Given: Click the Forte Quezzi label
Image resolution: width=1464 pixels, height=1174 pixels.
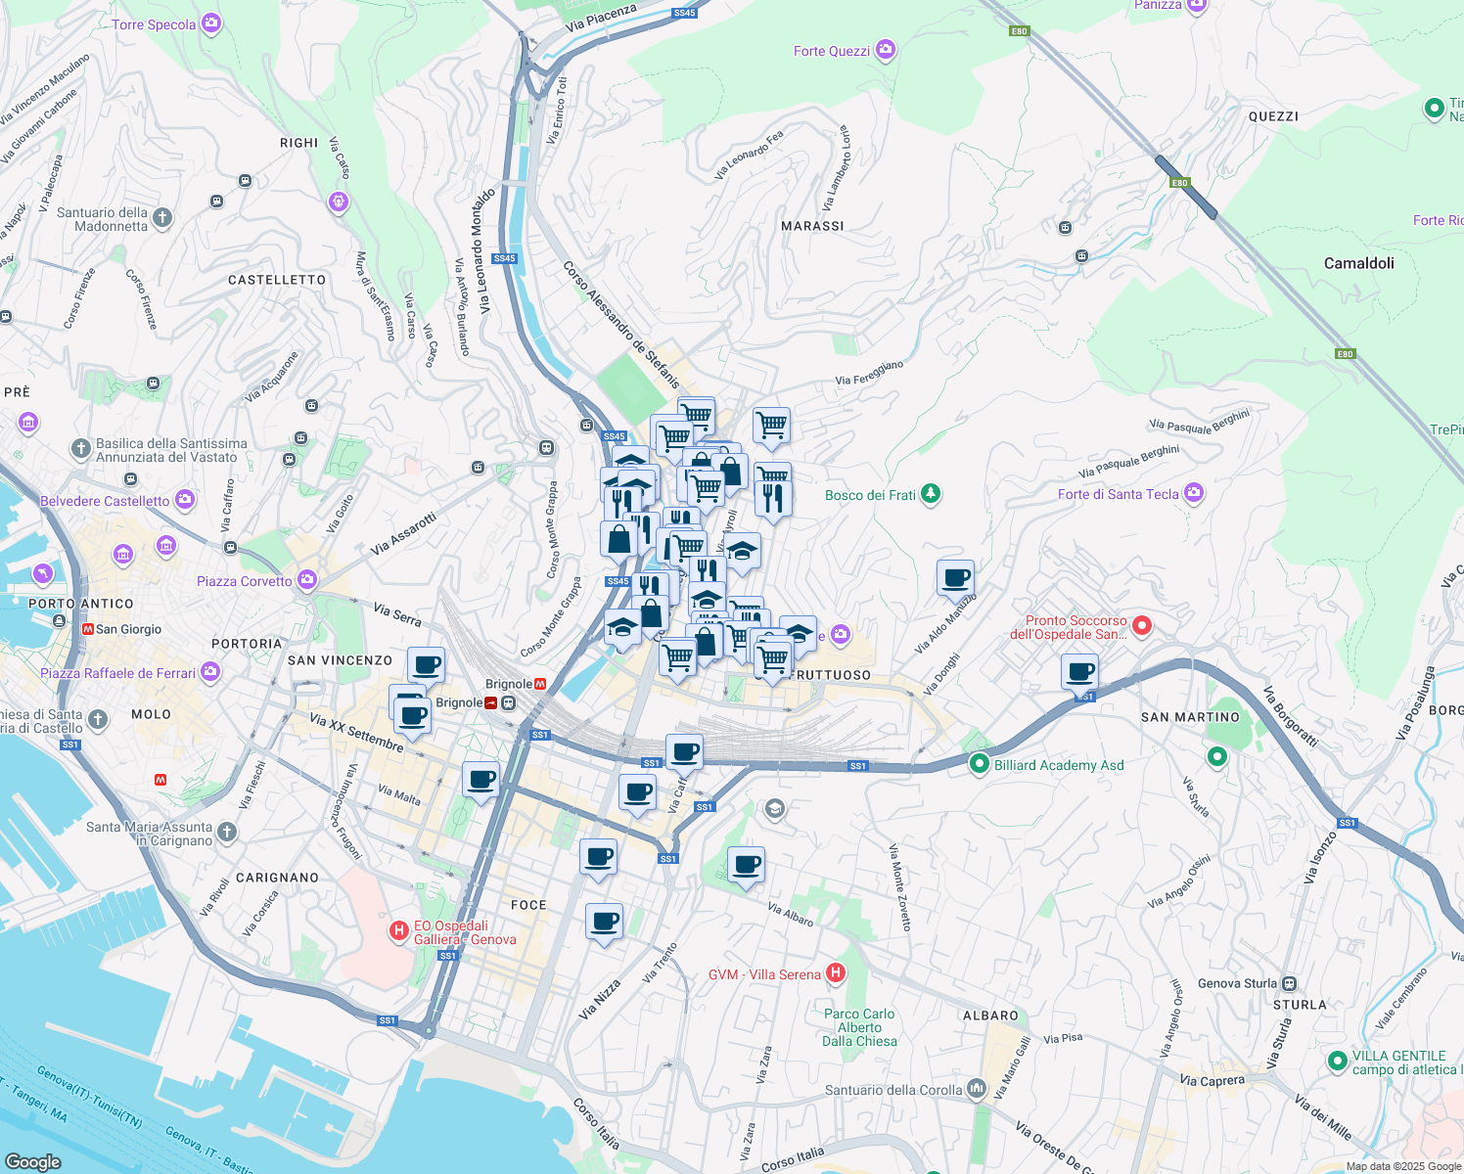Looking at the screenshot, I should click(831, 51).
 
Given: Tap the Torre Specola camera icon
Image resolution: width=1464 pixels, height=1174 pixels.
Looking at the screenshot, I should click(211, 24).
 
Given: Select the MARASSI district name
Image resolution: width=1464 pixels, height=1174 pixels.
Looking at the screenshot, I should click(812, 226).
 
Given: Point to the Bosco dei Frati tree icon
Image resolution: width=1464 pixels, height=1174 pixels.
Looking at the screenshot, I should click(931, 494).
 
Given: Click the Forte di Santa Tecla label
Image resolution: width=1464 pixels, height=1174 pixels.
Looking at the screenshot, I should click(1118, 494).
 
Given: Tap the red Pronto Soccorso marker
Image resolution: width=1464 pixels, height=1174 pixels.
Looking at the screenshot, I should click(1141, 625).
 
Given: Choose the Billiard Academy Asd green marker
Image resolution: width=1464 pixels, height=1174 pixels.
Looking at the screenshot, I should click(979, 764).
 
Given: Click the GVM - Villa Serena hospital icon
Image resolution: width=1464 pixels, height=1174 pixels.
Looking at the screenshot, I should click(835, 973).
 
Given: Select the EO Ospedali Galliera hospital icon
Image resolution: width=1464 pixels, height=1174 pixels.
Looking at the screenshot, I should click(399, 930).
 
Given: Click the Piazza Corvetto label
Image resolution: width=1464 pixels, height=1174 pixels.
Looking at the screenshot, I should click(244, 581).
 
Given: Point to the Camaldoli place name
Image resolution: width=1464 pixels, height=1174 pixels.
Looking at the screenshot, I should click(1358, 263).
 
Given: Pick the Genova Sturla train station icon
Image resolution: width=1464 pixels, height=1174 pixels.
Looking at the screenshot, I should click(1290, 983).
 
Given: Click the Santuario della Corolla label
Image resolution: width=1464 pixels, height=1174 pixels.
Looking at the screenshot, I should click(892, 1090).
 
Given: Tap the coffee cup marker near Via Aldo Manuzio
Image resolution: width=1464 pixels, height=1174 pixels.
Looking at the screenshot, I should click(955, 577).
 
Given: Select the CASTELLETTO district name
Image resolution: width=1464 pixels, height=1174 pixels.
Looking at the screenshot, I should click(277, 280).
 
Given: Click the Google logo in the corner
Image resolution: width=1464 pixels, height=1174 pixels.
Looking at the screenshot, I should click(32, 1161).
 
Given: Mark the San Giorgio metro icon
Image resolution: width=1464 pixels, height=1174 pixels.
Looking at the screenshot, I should click(87, 629).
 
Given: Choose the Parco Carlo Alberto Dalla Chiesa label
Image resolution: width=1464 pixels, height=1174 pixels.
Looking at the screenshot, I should click(859, 1027).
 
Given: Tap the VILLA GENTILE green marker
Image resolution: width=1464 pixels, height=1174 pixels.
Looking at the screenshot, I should click(1337, 1061).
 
